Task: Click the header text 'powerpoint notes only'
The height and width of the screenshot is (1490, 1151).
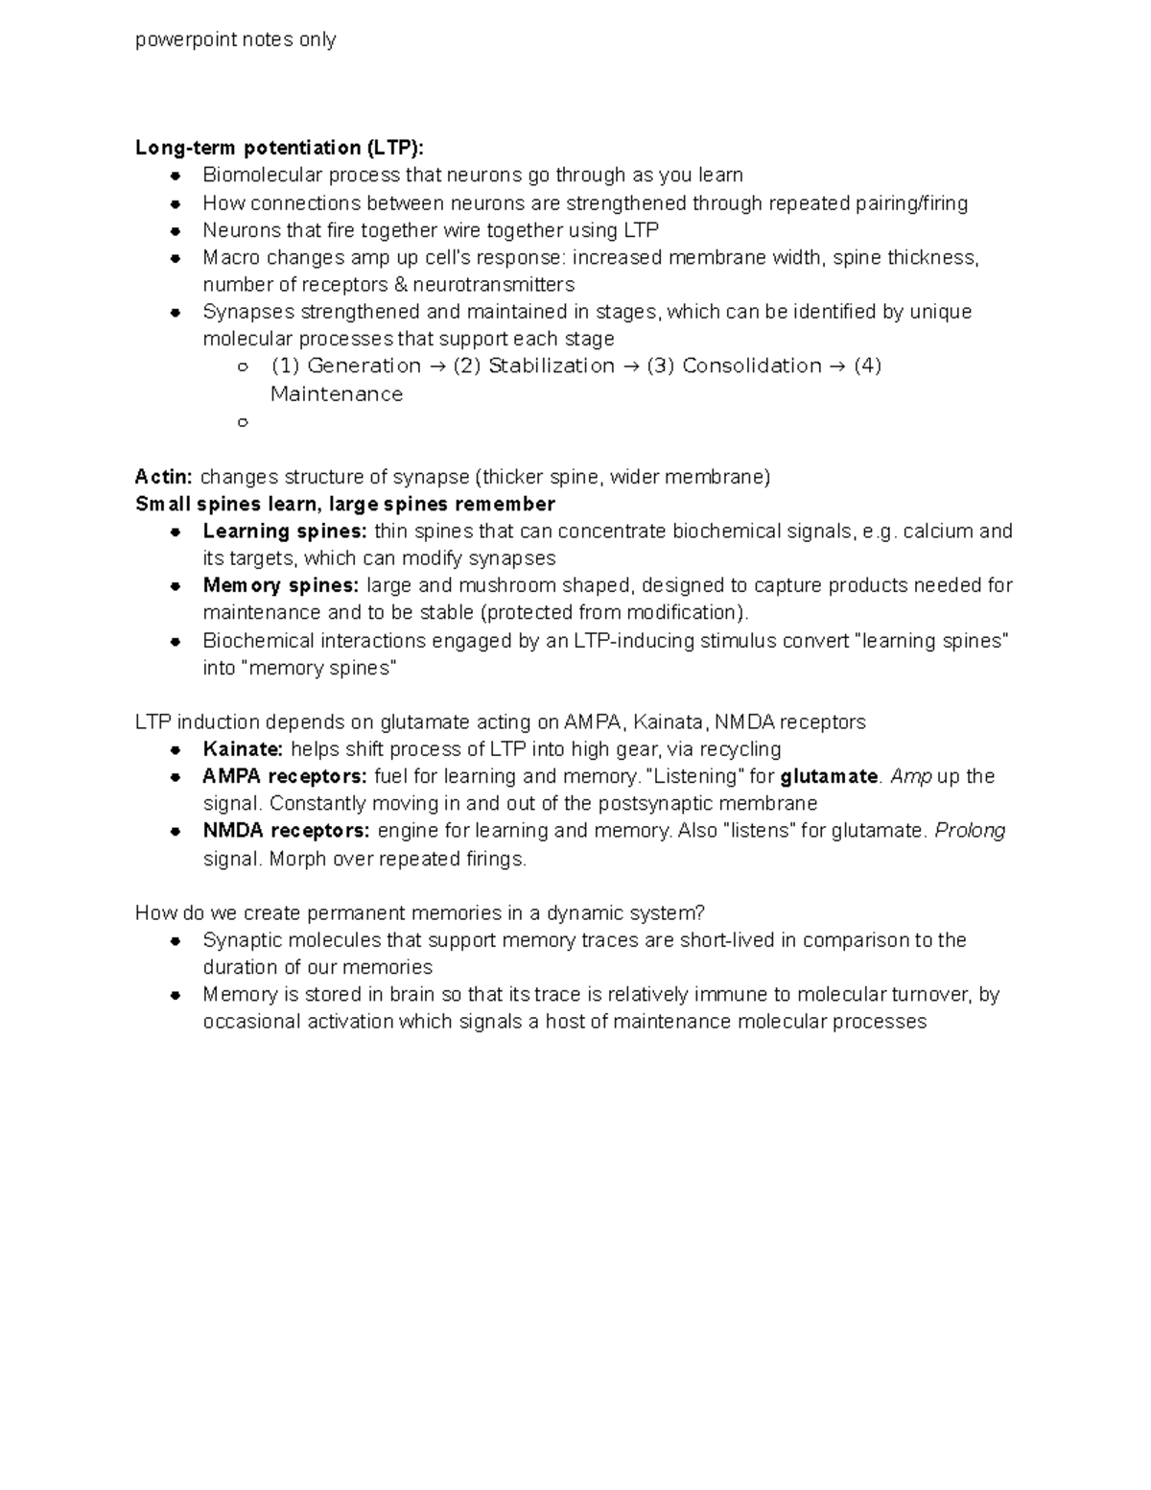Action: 235,39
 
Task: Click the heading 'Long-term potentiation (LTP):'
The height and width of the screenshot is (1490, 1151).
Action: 278,148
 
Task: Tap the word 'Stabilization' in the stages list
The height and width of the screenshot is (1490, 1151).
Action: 552,366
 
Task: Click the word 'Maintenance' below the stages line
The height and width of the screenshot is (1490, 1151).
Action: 337,394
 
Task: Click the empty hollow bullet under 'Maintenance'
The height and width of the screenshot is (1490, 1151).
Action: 242,421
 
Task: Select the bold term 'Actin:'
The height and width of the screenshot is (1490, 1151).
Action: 164,477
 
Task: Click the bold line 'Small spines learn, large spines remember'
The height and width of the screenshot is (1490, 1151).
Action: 345,504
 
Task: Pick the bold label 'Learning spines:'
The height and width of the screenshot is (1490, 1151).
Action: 285,531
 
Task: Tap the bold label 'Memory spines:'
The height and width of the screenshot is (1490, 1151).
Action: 281,585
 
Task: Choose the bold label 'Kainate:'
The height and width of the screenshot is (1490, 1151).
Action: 243,749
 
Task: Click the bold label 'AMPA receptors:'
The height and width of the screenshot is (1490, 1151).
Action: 285,776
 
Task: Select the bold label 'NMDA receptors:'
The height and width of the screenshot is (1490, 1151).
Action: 286,831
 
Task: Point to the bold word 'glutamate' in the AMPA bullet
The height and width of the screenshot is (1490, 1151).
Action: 830,776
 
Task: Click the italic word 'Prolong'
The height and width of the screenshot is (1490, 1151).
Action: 970,831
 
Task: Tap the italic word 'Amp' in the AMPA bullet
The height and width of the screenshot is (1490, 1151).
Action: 911,776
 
